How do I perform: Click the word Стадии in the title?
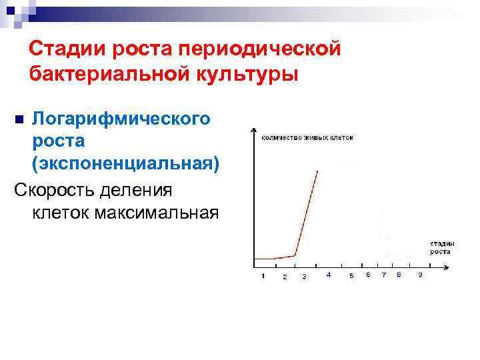click(x=63, y=49)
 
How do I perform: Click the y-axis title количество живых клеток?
click(x=307, y=137)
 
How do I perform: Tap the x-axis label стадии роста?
click(x=441, y=247)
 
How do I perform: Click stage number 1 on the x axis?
click(x=263, y=275)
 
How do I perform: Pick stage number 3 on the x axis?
click(x=304, y=276)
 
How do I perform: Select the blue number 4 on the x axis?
click(x=328, y=275)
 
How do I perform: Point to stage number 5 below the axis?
click(x=351, y=276)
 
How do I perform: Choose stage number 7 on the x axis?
click(x=383, y=275)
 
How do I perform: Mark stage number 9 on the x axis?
click(x=419, y=275)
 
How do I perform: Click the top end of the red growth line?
click(x=317, y=171)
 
